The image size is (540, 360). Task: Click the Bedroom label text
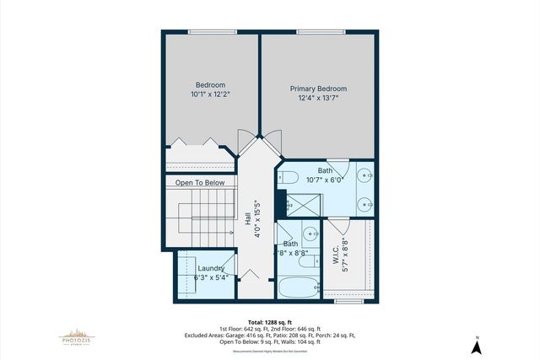point(210,84)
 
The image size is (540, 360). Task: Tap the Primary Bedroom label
point(318,89)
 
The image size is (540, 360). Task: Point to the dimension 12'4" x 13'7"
point(318,99)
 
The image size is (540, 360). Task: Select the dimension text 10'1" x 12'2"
point(210,94)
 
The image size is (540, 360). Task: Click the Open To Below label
point(200,182)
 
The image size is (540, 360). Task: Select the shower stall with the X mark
point(300,203)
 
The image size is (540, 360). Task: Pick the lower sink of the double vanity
point(363,202)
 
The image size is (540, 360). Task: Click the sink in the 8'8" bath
point(311,235)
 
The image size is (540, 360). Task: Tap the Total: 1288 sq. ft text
point(269,321)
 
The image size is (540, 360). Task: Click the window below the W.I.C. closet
point(347,300)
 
